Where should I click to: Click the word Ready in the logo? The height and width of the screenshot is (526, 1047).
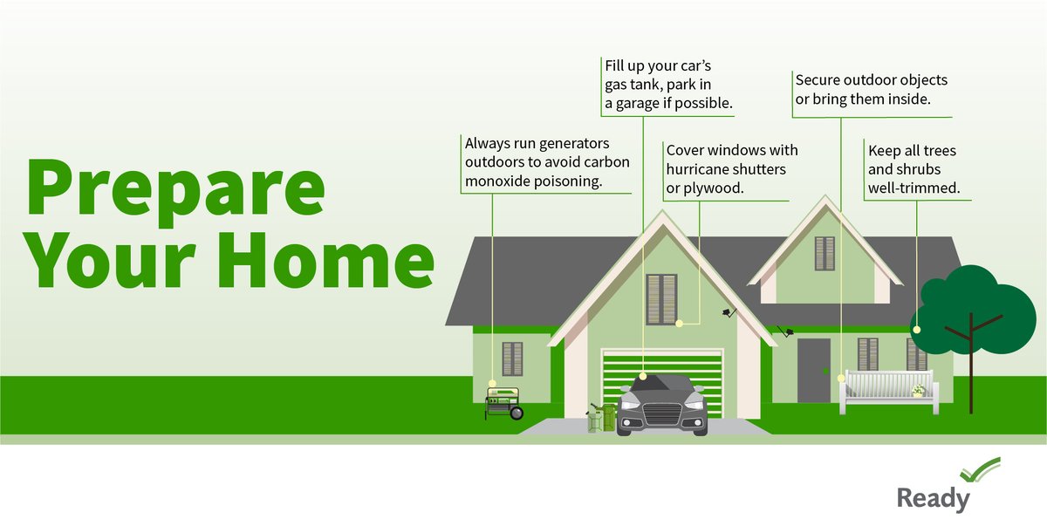[933, 499]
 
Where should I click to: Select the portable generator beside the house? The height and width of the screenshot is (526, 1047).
[503, 404]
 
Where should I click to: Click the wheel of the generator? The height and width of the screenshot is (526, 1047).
[517, 413]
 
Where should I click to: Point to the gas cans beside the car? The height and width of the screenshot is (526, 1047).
[600, 417]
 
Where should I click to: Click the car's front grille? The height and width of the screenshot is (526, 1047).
[662, 413]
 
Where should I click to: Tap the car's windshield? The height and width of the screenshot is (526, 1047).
[661, 385]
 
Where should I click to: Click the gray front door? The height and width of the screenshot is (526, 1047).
[813, 370]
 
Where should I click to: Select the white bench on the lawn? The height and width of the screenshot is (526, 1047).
[886, 392]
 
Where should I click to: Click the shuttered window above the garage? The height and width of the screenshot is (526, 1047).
[661, 299]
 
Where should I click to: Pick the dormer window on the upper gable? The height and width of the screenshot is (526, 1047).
[825, 253]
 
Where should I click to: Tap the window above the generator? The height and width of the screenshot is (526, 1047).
[512, 359]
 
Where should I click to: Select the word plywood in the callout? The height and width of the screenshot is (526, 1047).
[715, 187]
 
